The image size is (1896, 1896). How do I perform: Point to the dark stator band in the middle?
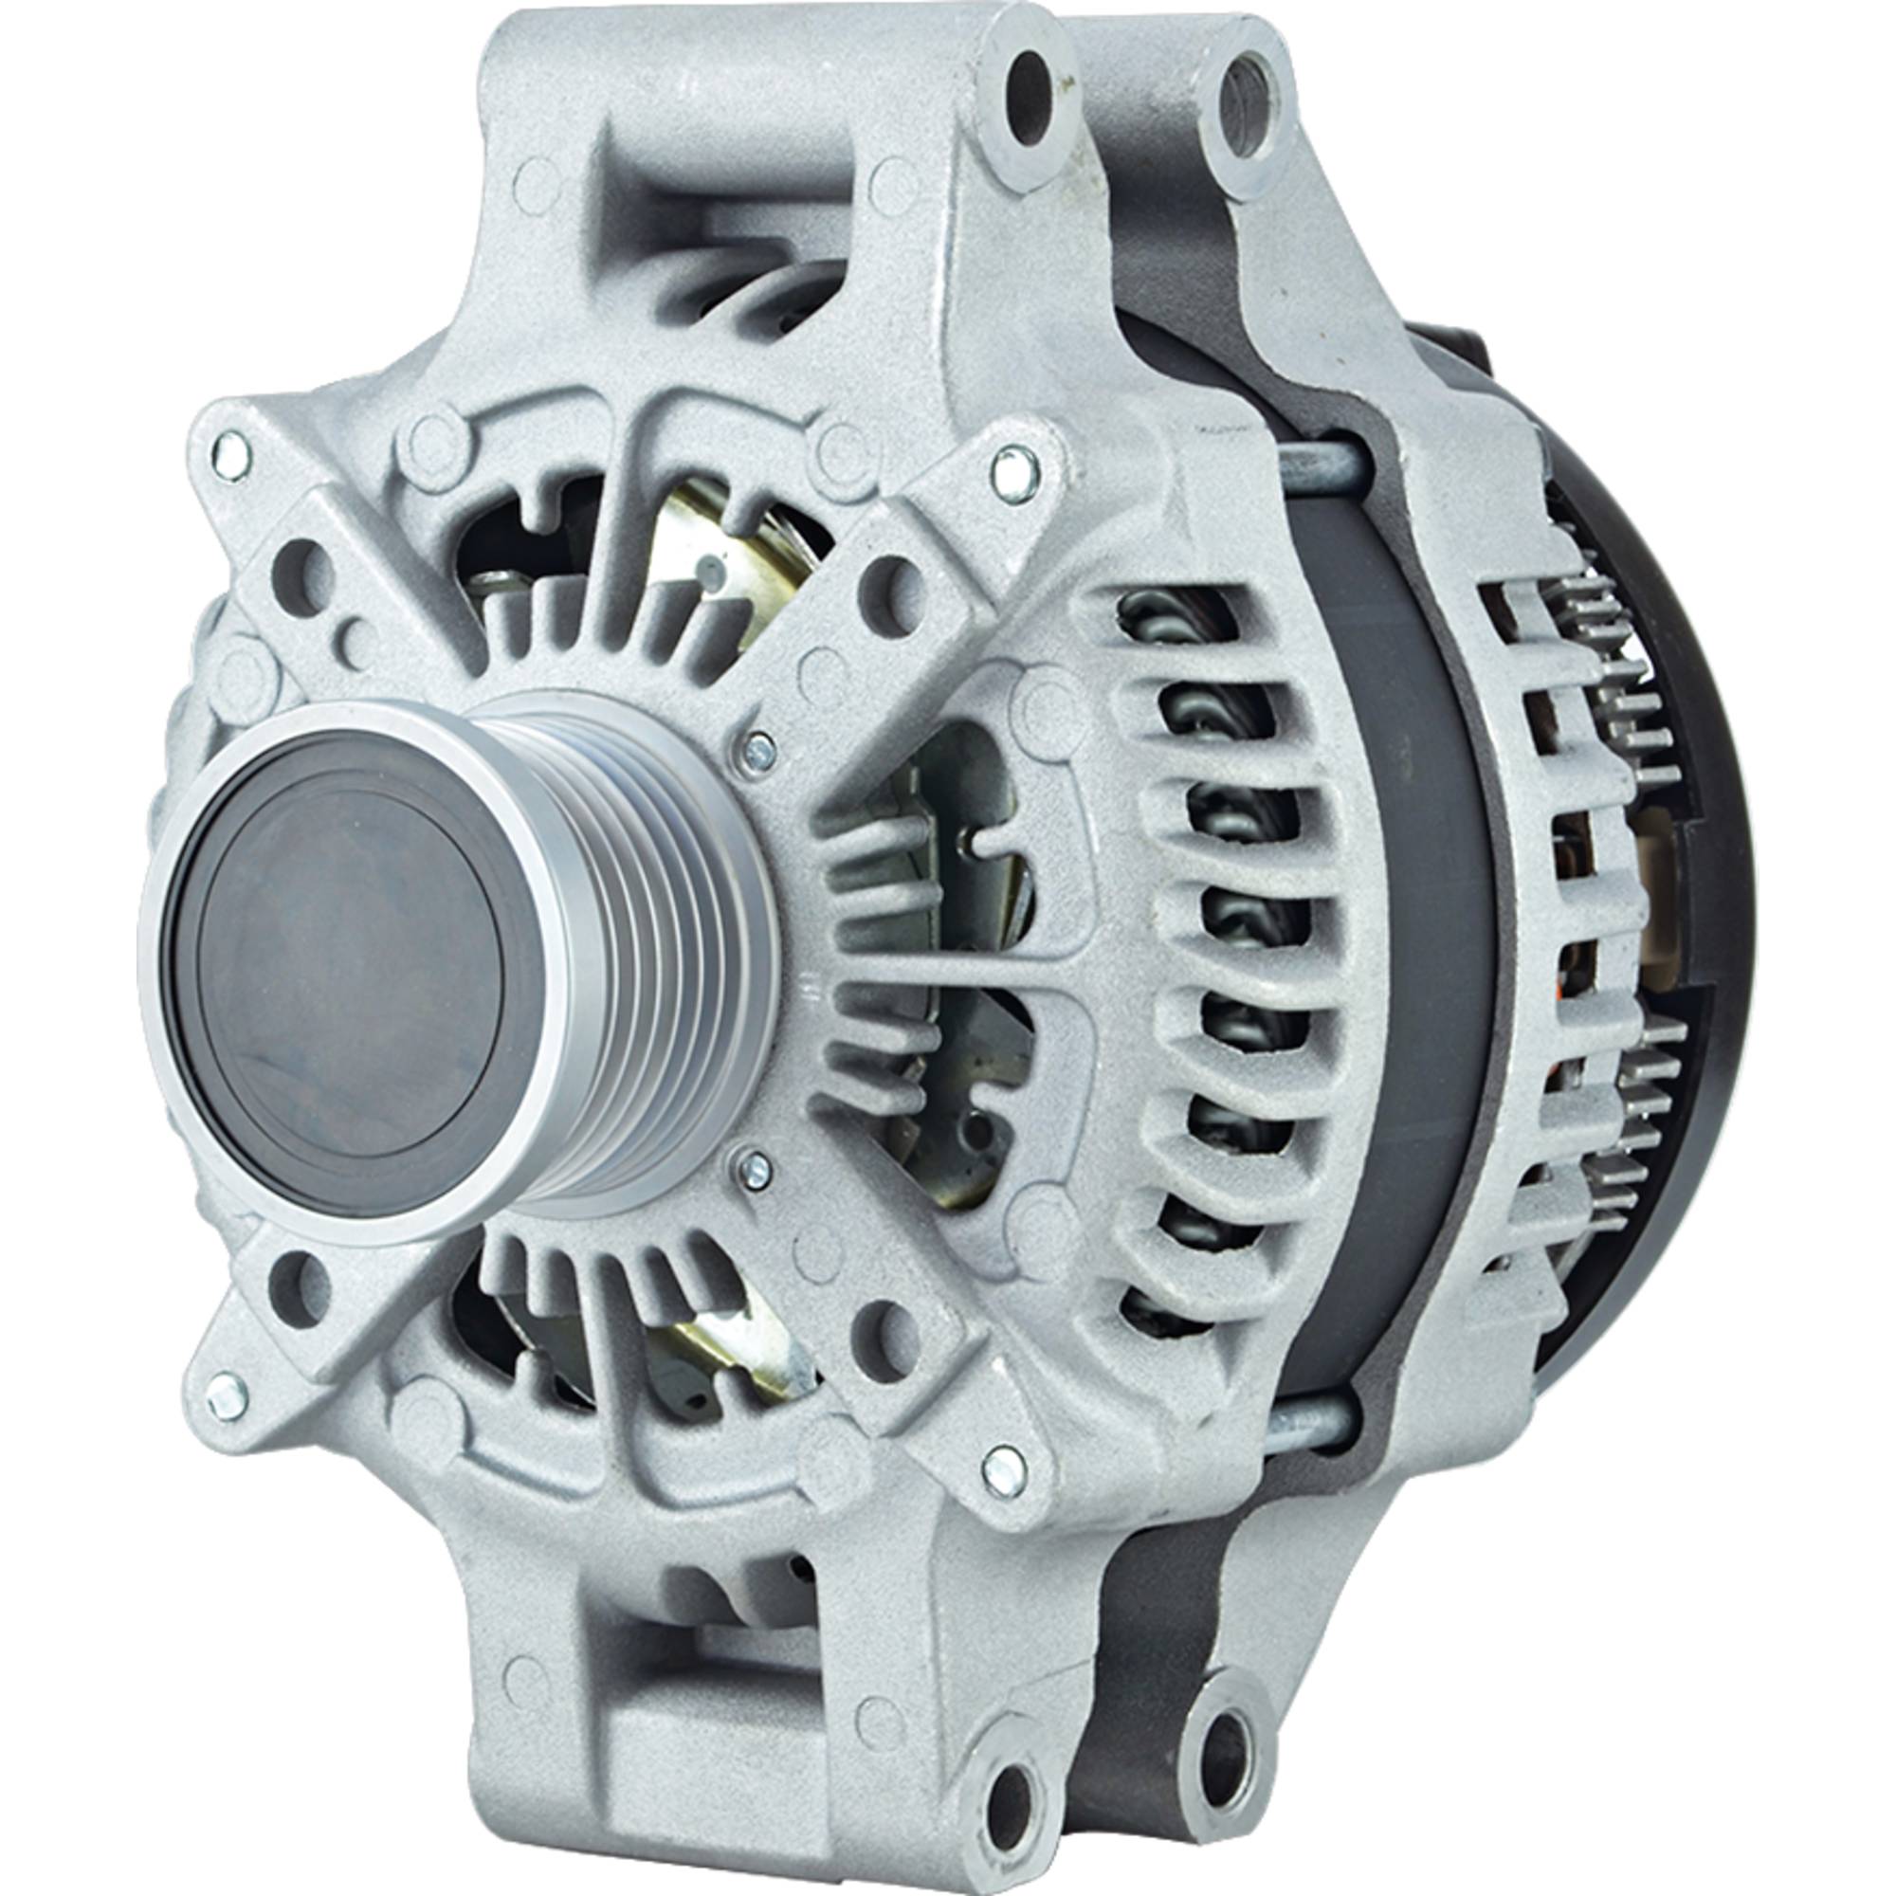[1413, 942]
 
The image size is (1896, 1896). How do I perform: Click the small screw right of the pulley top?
[758, 749]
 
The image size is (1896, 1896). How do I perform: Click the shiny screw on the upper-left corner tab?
[230, 458]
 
